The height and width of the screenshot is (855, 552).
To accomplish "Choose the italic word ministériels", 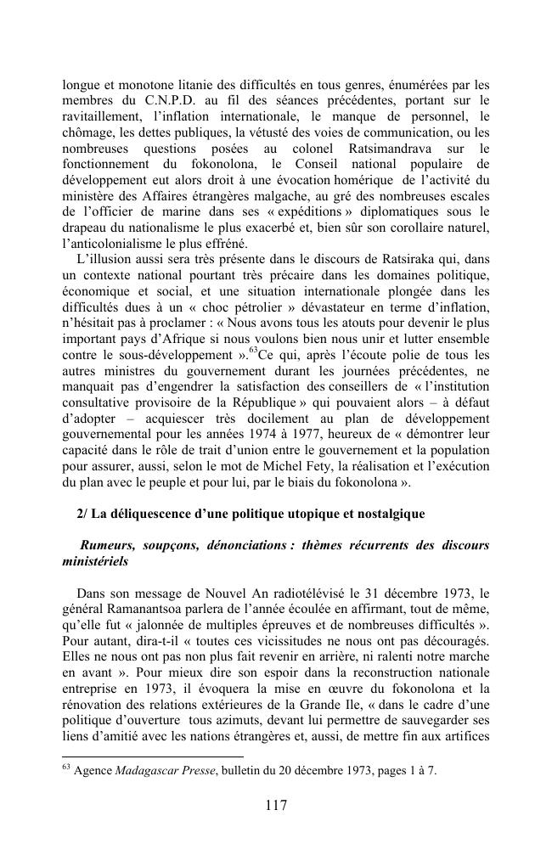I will pos(96,561).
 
